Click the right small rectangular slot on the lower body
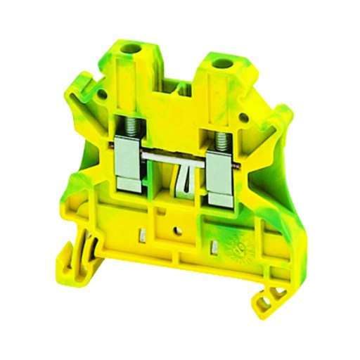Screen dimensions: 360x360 tap(213, 245)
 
